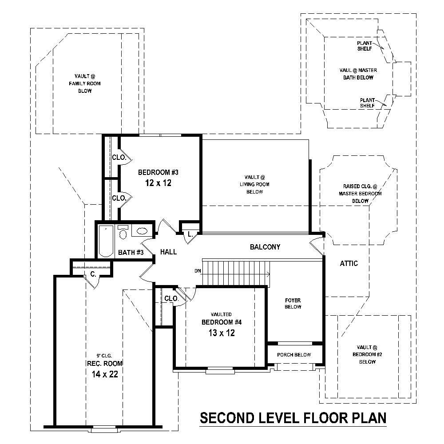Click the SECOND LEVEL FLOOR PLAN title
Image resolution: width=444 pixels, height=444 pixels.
pyautogui.click(x=293, y=418)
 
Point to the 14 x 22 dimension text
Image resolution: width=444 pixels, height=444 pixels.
pyautogui.click(x=102, y=374)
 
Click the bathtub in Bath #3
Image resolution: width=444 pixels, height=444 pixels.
pyautogui.click(x=106, y=241)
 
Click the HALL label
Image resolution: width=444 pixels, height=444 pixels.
pyautogui.click(x=169, y=252)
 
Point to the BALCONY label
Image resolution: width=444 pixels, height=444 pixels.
pyautogui.click(x=265, y=247)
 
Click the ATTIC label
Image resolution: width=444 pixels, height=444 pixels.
pyautogui.click(x=349, y=263)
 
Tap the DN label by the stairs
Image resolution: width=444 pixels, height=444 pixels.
pyautogui.click(x=198, y=270)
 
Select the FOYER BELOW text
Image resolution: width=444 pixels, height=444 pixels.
pyautogui.click(x=293, y=303)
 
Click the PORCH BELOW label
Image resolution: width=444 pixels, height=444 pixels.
pyautogui.click(x=294, y=355)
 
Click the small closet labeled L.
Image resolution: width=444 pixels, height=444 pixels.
pyautogui.click(x=190, y=234)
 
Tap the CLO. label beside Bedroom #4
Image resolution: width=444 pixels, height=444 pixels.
pyautogui.click(x=171, y=299)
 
